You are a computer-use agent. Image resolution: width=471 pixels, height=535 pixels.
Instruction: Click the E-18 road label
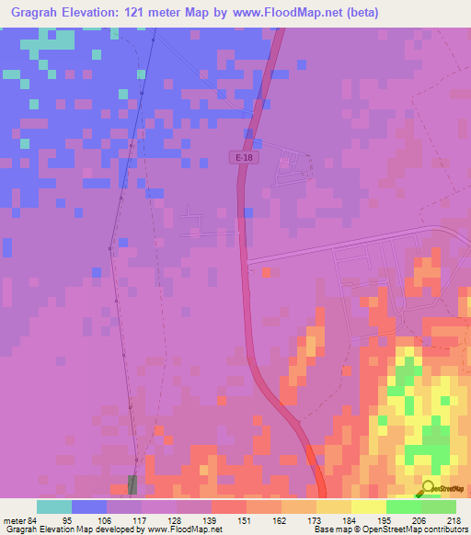tap(243, 158)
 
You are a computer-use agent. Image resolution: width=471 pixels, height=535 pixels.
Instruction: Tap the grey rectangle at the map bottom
tap(133, 484)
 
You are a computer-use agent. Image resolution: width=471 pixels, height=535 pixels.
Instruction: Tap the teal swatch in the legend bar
tap(54, 506)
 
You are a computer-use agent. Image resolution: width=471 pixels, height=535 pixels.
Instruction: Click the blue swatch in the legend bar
tap(89, 506)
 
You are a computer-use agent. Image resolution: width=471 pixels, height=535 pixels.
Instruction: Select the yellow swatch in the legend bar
tap(368, 506)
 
